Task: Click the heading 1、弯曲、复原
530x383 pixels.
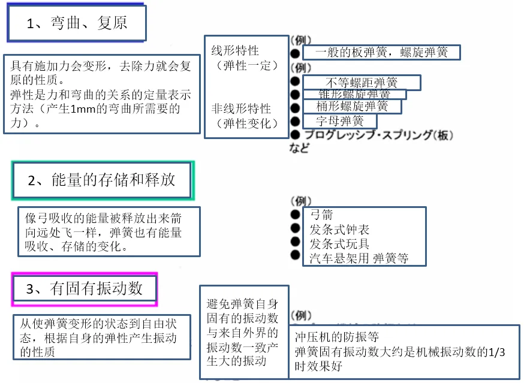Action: click(x=77, y=23)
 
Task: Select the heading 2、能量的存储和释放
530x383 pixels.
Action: click(x=102, y=180)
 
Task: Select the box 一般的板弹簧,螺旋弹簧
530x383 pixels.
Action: click(x=381, y=53)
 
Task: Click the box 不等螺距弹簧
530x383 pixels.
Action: click(x=362, y=83)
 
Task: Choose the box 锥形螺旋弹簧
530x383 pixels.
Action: click(x=354, y=95)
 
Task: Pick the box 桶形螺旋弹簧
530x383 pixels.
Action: click(x=352, y=107)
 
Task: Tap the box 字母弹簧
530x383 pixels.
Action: click(x=340, y=120)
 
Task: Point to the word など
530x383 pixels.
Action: click(x=300, y=147)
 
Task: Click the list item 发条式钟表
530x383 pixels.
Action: click(x=339, y=230)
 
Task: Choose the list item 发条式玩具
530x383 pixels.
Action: click(x=339, y=244)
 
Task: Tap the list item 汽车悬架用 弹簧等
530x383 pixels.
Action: click(x=359, y=258)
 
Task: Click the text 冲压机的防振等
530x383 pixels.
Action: click(x=337, y=337)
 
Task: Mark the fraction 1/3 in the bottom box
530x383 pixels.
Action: click(x=497, y=352)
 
